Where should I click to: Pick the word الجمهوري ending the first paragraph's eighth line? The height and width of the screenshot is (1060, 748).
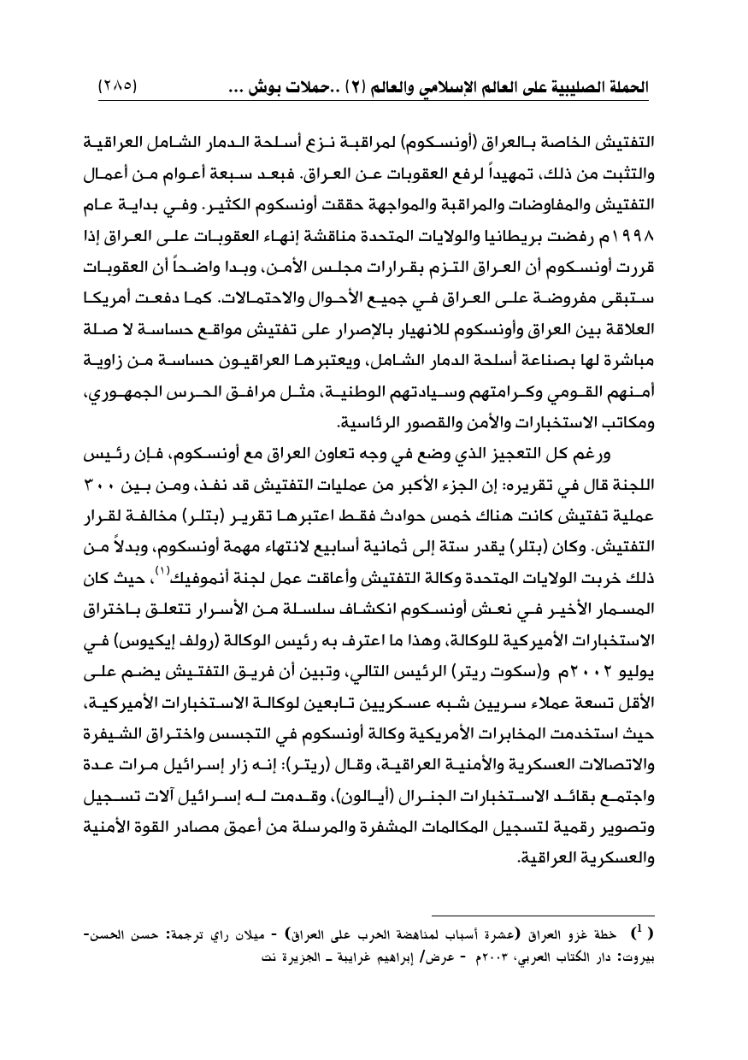[128, 395]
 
